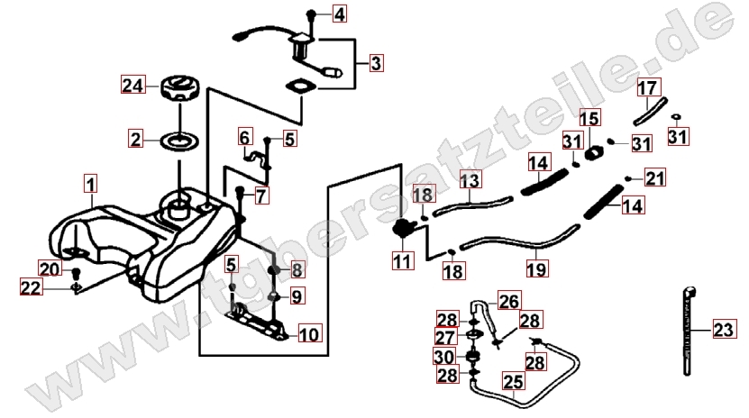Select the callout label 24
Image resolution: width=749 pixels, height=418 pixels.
(133, 86)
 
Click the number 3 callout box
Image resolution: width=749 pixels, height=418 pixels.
(376, 63)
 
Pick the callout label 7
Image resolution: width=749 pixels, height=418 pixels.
(261, 195)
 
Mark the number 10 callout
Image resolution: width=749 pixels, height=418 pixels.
(308, 334)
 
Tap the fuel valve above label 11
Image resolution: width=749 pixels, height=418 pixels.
(404, 227)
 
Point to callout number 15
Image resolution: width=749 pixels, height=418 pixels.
(589, 118)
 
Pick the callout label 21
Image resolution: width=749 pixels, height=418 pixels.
(654, 177)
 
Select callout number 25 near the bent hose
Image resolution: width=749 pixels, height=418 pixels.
(513, 383)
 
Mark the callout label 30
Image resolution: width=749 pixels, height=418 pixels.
(447, 357)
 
